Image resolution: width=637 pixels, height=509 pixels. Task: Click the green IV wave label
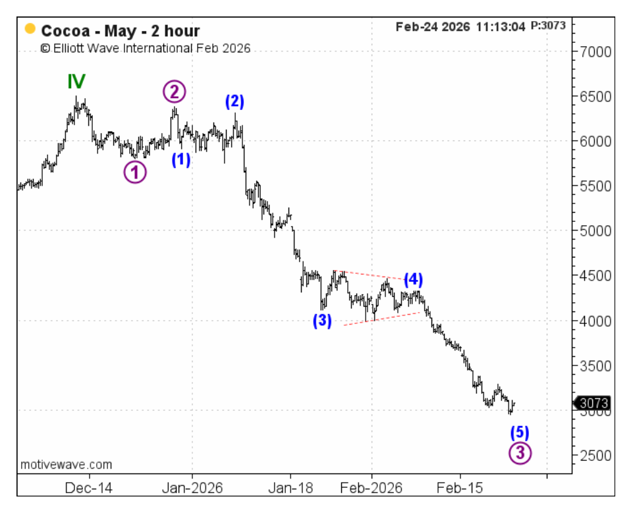[76, 82]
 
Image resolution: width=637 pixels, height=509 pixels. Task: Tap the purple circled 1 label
[135, 172]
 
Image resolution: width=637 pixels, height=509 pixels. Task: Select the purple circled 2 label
[175, 92]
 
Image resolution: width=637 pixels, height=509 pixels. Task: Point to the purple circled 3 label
[520, 453]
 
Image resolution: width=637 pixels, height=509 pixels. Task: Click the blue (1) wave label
[181, 159]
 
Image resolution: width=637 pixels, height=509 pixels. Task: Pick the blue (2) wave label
[235, 101]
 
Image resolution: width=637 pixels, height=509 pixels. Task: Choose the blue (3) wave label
[322, 321]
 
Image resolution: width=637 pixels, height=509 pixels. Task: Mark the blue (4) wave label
[413, 279]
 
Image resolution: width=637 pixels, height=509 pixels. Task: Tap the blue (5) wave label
[520, 433]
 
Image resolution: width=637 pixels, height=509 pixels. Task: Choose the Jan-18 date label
[290, 488]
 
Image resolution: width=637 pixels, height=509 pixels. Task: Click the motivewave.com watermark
[66, 464]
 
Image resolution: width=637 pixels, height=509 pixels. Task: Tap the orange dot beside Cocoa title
[30, 30]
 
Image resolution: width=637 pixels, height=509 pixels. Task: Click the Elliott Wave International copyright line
[145, 48]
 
